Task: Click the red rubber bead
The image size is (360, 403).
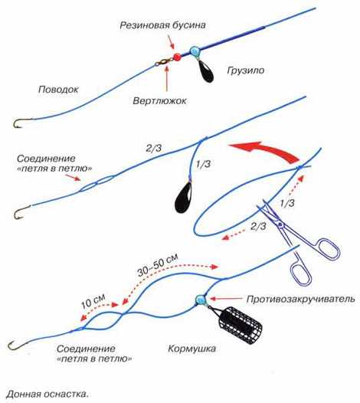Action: [x=177, y=57]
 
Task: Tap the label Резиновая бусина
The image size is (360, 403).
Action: [x=162, y=25]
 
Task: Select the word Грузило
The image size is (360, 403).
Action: [x=246, y=70]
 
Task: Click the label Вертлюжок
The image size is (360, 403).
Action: [x=159, y=100]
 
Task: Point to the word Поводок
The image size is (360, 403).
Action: [x=58, y=90]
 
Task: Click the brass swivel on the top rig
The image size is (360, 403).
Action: [x=164, y=62]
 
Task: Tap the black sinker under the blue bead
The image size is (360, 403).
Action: [x=206, y=72]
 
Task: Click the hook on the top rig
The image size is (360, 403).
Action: [x=21, y=123]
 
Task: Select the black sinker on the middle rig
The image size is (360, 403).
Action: [x=183, y=197]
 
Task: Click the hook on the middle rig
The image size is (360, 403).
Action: [x=21, y=212]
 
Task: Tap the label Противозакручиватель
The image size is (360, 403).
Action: [x=301, y=299]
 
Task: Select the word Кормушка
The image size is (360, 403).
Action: [x=192, y=349]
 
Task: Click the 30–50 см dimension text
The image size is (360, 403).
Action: [x=157, y=265]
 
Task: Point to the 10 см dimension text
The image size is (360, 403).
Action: [x=93, y=300]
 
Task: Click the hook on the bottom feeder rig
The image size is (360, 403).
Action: [x=18, y=345]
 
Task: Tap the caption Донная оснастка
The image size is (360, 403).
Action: [x=47, y=394]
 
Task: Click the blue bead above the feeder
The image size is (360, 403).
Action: [x=201, y=300]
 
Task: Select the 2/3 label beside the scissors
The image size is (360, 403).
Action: [x=258, y=227]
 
